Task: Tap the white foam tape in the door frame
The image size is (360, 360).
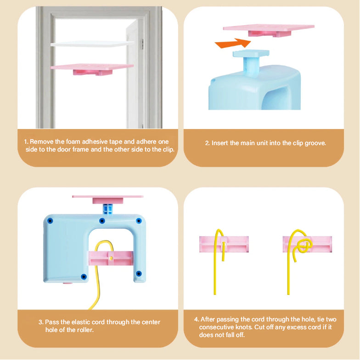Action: tap(92, 44)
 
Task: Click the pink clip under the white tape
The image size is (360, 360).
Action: tap(92, 69)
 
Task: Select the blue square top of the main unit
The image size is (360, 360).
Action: tap(251, 53)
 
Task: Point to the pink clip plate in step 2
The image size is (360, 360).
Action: tap(269, 30)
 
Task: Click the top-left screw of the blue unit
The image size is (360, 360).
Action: tap(50, 221)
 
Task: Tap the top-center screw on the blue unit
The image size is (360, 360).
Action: tap(102, 221)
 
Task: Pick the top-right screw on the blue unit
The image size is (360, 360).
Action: tap(139, 221)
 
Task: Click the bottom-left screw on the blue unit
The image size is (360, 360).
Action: tap(84, 276)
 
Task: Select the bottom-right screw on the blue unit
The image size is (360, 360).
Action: tap(139, 274)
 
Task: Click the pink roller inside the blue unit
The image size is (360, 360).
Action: tap(111, 258)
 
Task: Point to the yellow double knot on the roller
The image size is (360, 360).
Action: tap(303, 246)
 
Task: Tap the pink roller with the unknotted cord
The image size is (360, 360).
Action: tap(224, 244)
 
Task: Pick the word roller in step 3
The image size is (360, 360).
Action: tap(85, 330)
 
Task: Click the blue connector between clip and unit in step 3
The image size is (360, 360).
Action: tap(107, 209)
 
